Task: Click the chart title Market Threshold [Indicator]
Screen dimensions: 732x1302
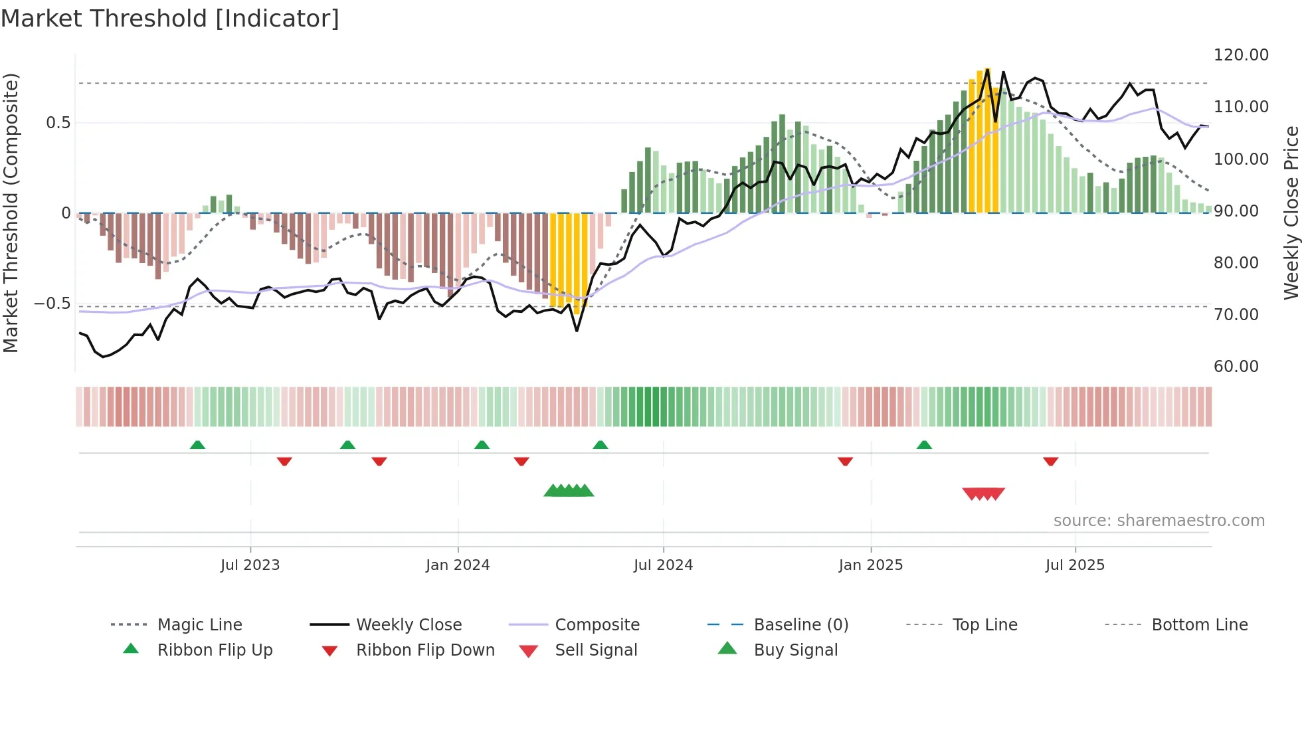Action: (170, 19)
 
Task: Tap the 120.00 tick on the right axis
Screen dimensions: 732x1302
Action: (1241, 55)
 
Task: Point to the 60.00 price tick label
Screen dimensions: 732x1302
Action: (1236, 367)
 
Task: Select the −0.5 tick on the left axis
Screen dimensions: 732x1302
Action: (52, 304)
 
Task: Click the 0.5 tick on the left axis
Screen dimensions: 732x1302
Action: (58, 123)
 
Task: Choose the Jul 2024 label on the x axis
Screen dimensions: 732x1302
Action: (663, 565)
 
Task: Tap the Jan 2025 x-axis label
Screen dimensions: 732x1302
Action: (870, 565)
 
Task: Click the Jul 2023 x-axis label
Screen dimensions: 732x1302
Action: (250, 565)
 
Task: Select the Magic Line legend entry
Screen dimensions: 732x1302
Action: (199, 625)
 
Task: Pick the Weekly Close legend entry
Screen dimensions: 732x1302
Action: (409, 625)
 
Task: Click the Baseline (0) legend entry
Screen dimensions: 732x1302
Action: (800, 625)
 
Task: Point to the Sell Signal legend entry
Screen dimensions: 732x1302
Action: (596, 650)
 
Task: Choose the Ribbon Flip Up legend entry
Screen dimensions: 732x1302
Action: (215, 650)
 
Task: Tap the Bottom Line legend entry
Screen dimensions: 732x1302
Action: (1199, 625)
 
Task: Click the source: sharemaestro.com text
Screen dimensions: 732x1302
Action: (1159, 521)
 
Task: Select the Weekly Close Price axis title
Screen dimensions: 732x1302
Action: (1291, 213)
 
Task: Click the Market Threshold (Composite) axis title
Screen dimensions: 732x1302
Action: (11, 213)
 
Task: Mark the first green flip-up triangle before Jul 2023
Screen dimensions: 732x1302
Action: (197, 445)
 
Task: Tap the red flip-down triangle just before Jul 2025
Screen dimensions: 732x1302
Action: (1050, 461)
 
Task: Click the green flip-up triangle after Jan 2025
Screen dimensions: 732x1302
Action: (924, 445)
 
